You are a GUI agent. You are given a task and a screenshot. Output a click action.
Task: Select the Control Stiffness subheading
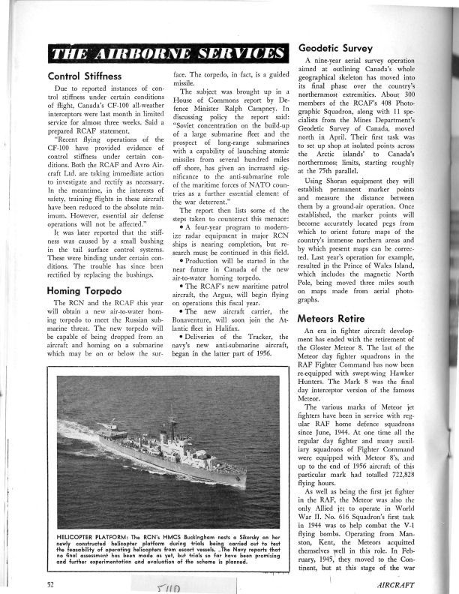click(x=84, y=76)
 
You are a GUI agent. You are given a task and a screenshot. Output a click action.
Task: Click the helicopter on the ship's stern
click(x=112, y=430)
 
